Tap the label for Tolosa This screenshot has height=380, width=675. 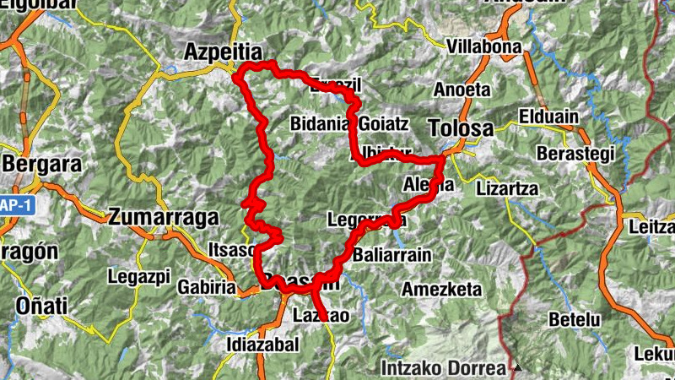click(461, 128)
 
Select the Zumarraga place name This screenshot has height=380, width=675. click(163, 217)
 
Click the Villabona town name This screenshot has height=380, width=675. click(484, 46)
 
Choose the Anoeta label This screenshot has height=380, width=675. click(462, 90)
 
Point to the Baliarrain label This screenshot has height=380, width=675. click(392, 254)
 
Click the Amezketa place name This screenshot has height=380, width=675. click(441, 290)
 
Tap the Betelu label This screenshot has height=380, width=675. click(575, 320)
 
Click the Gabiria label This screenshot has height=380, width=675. click(208, 287)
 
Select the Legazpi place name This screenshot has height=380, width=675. click(139, 275)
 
